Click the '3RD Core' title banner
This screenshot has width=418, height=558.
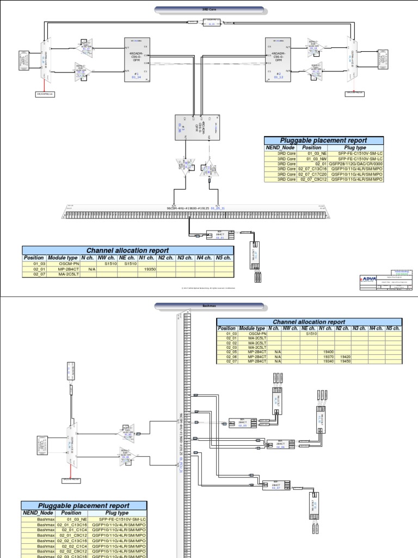(x=209, y=9)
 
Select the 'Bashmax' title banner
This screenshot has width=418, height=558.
(x=209, y=307)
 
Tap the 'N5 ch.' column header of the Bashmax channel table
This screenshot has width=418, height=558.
(x=392, y=329)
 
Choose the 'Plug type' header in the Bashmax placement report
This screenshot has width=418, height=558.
(x=115, y=513)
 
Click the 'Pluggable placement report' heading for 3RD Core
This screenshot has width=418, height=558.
(x=324, y=140)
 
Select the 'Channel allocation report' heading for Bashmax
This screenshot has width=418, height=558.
(x=309, y=322)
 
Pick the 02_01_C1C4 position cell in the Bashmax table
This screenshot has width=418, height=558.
(x=71, y=528)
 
